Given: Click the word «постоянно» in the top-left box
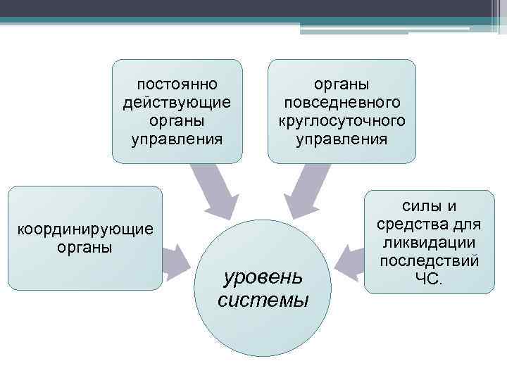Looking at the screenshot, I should [177, 84].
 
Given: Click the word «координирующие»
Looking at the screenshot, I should [84, 230].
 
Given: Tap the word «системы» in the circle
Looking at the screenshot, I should [263, 300].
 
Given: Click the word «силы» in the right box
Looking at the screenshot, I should [421, 206].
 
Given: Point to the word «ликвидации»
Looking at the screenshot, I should [429, 243].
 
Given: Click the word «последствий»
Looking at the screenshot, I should [429, 261].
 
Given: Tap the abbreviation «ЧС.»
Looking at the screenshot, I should [429, 279].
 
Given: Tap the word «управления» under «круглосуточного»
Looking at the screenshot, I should [341, 138].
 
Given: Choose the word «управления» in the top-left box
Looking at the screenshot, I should [177, 138].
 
